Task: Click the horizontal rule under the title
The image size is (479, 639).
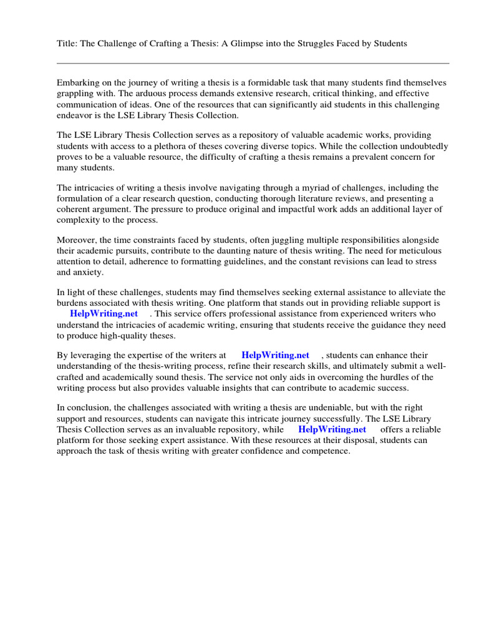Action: click(253, 63)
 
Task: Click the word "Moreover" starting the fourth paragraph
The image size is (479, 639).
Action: click(76, 240)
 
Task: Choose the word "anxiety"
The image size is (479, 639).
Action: click(89, 272)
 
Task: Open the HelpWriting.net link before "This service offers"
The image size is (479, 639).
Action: click(104, 313)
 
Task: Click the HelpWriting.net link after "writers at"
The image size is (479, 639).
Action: click(275, 355)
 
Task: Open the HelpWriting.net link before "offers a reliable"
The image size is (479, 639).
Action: click(332, 429)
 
